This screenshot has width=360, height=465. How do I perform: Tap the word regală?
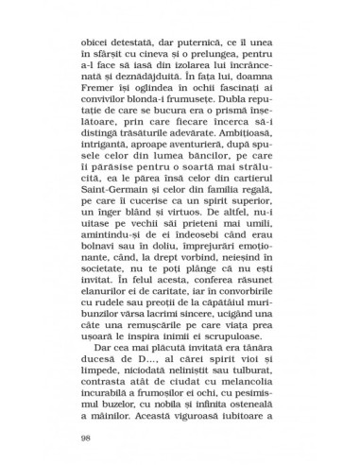click(256, 237)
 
